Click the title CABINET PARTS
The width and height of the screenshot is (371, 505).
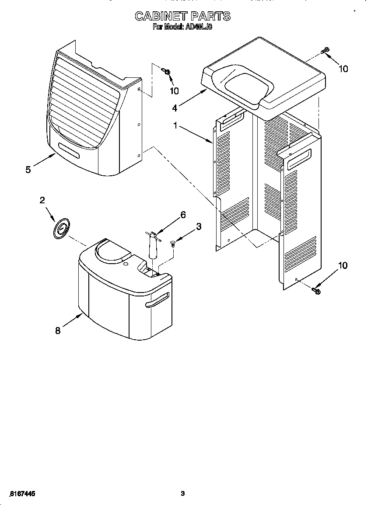[182, 17]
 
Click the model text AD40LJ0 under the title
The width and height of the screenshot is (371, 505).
[198, 27]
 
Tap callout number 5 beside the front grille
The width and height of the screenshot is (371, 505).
[28, 170]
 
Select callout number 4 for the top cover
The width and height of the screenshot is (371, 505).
[175, 108]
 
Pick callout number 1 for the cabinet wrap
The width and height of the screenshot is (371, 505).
[175, 126]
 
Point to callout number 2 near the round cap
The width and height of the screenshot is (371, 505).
[42, 200]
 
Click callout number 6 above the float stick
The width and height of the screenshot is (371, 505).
[183, 215]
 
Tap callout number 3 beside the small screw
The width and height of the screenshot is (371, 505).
[199, 226]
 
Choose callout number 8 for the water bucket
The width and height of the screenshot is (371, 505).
[58, 331]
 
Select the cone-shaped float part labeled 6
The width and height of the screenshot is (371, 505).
[153, 247]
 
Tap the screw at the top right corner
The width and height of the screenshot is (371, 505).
[325, 51]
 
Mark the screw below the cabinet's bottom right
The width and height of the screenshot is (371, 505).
[316, 290]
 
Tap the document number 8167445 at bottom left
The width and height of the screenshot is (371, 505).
[21, 494]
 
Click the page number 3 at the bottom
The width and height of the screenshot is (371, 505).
[183, 494]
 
